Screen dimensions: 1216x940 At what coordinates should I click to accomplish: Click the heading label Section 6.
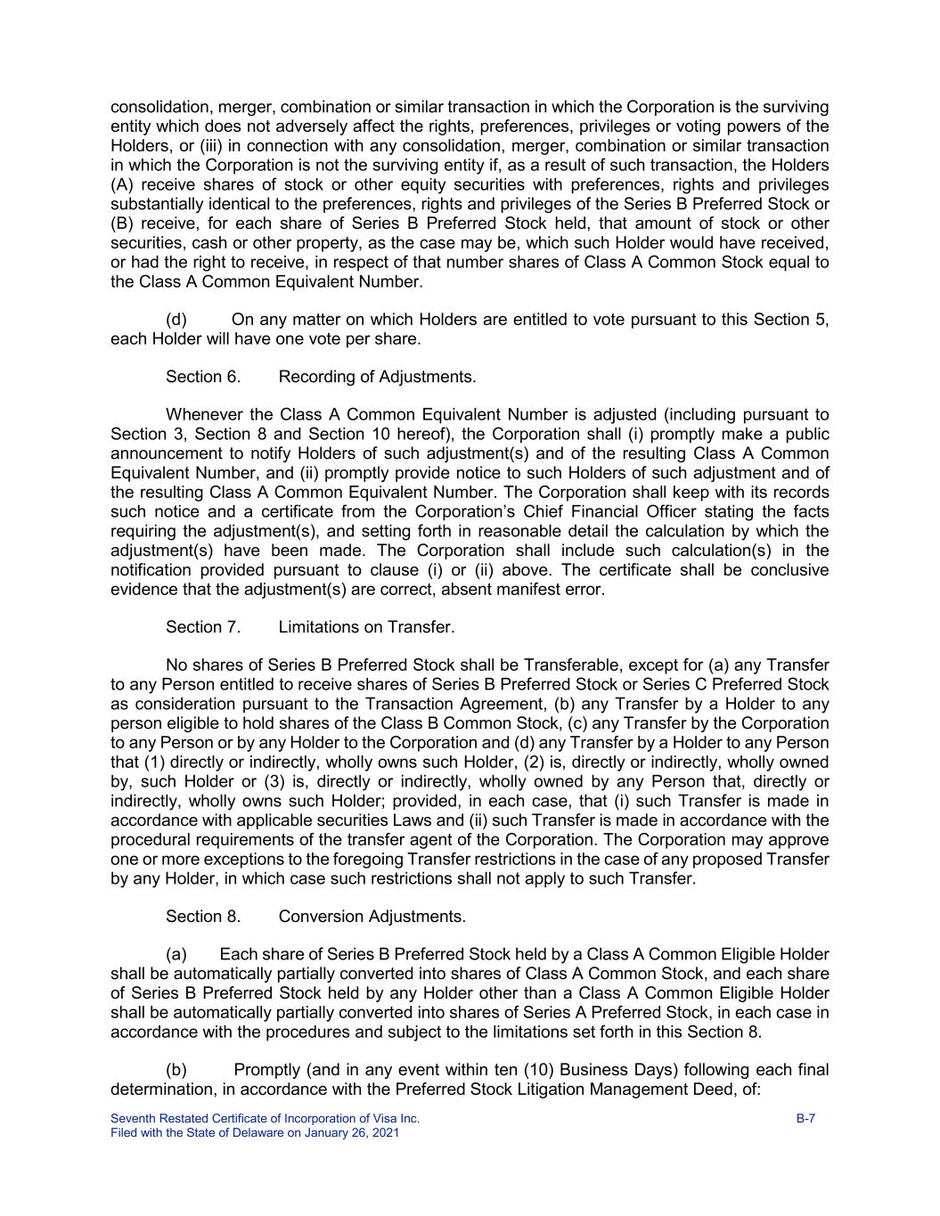tap(202, 377)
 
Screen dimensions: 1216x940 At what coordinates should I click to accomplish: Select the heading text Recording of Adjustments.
tap(377, 377)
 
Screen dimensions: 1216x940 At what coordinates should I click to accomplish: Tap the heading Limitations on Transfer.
tap(366, 627)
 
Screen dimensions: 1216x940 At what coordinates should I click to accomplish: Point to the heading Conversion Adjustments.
tap(372, 917)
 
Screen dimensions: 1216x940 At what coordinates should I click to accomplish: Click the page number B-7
tap(805, 1118)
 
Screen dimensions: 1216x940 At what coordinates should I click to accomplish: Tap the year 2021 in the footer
tap(384, 1133)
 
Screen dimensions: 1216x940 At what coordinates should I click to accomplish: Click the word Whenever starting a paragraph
tap(204, 415)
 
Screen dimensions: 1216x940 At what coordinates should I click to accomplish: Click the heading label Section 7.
tap(202, 627)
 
